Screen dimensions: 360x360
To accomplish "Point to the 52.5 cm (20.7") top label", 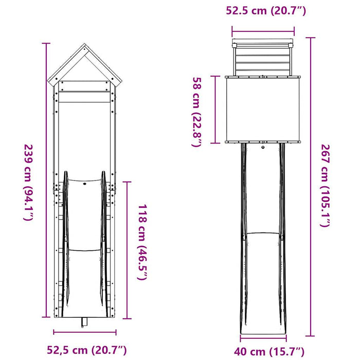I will tap(263, 10).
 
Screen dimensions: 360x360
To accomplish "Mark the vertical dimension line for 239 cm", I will tap(47, 179).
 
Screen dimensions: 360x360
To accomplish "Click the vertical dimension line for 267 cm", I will tap(312, 185).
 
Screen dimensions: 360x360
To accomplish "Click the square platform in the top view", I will tap(263, 109).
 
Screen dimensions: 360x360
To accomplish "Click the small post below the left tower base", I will tap(85, 321).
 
